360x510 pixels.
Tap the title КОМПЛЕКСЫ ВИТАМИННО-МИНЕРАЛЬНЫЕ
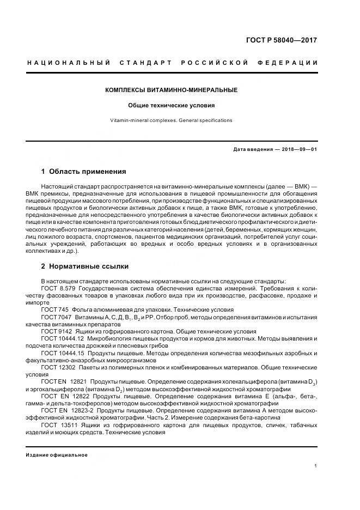click(172, 90)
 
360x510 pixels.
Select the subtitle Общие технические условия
click(172, 105)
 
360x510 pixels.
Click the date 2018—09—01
click(299, 149)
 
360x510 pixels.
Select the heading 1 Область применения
click(83, 171)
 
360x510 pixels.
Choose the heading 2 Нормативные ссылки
click(85, 266)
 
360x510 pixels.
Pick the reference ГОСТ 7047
click(54, 316)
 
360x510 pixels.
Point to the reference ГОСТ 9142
click(54, 331)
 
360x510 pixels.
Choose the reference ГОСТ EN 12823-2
click(68, 410)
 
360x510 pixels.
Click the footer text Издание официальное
click(57, 455)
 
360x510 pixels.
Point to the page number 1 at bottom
click(316, 466)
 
